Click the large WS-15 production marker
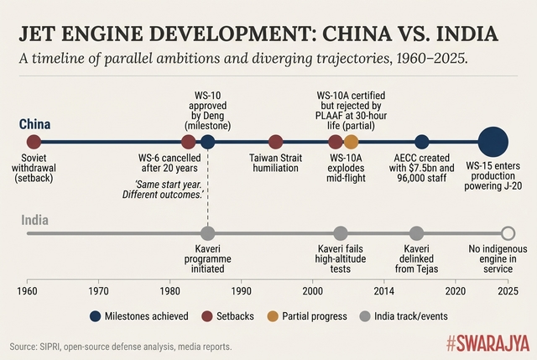tap(493, 142)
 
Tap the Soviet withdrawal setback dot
tap(34, 142)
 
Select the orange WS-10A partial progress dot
tap(351, 142)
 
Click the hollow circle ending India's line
tap(507, 233)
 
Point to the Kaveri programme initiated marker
tap(208, 233)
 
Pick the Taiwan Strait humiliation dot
tap(275, 142)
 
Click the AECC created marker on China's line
tap(422, 142)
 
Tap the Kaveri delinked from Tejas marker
tap(416, 233)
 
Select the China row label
tap(35, 124)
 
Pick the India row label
tap(34, 221)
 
